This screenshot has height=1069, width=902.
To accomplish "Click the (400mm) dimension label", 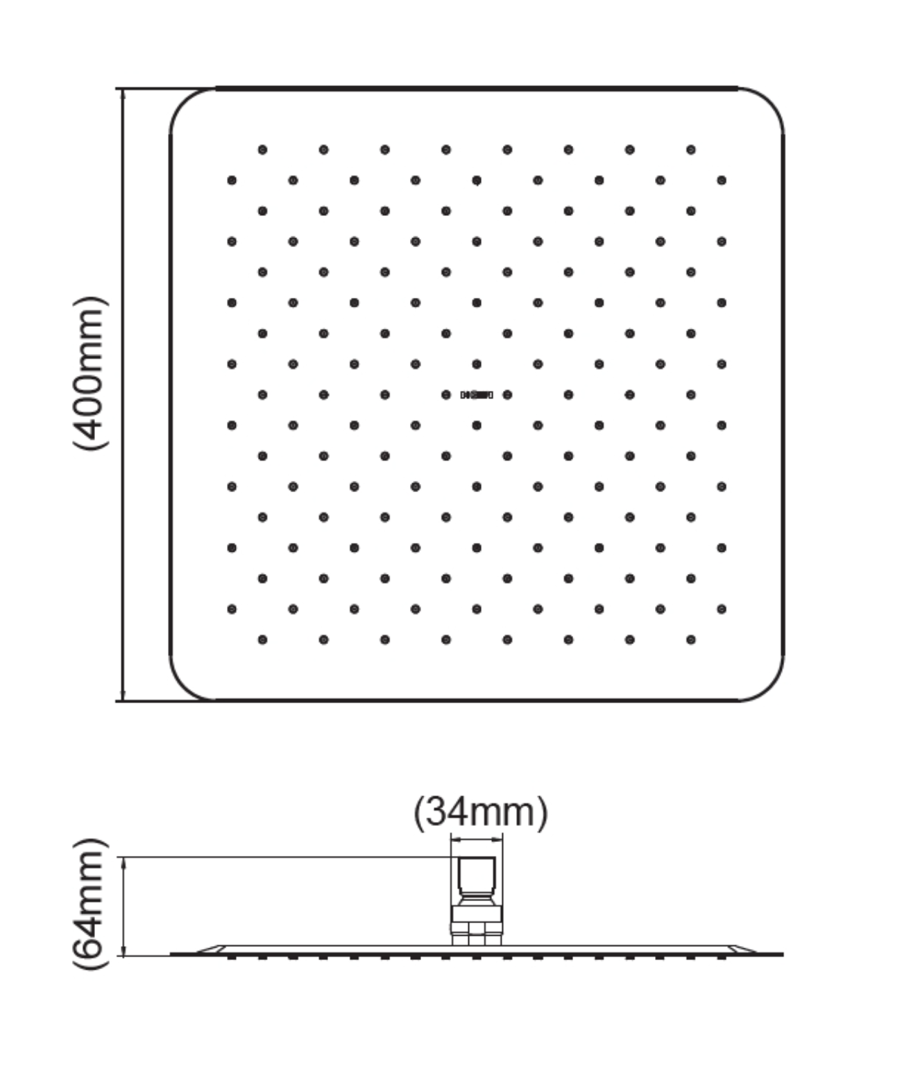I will tap(91, 373).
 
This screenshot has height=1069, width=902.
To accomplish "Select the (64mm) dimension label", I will tap(91, 904).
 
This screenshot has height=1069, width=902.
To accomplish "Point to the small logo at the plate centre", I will tap(477, 395).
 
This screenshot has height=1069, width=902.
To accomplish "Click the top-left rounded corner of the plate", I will tap(186, 104).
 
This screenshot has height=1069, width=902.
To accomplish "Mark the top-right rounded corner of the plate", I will tap(768, 104).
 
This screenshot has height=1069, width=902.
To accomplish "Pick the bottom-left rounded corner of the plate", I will tap(186, 684).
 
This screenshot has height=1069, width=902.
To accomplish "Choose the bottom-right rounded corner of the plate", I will tap(768, 684).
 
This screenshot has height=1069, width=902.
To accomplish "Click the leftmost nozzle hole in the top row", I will tap(262, 150).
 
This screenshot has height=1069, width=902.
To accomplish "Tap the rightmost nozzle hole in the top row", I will tap(690, 150).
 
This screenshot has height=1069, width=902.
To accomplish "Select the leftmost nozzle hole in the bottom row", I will tap(262, 639).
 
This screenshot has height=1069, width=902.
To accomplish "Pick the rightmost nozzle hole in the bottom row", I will tap(690, 639).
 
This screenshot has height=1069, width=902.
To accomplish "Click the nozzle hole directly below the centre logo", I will tap(477, 426).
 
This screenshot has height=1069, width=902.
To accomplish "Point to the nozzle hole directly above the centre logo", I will tap(477, 364).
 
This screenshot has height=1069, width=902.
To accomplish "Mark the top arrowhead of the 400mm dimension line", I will tap(124, 95).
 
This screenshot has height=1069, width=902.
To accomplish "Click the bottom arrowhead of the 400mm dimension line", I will tap(124, 695).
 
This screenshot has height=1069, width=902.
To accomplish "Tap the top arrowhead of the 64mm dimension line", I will tap(124, 863).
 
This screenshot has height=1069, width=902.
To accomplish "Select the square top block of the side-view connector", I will tap(476, 874).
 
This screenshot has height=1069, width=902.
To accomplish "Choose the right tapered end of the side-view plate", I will tap(744, 949).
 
